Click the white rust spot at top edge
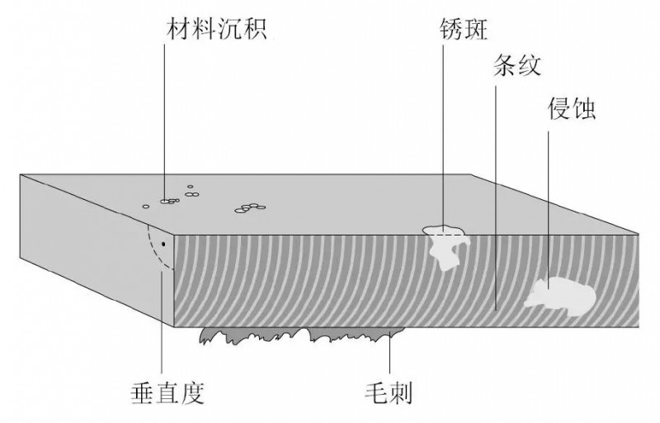pyautogui.click(x=445, y=240)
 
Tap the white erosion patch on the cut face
pyautogui.click(x=561, y=294)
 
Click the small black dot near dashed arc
pyautogui.click(x=163, y=245)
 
